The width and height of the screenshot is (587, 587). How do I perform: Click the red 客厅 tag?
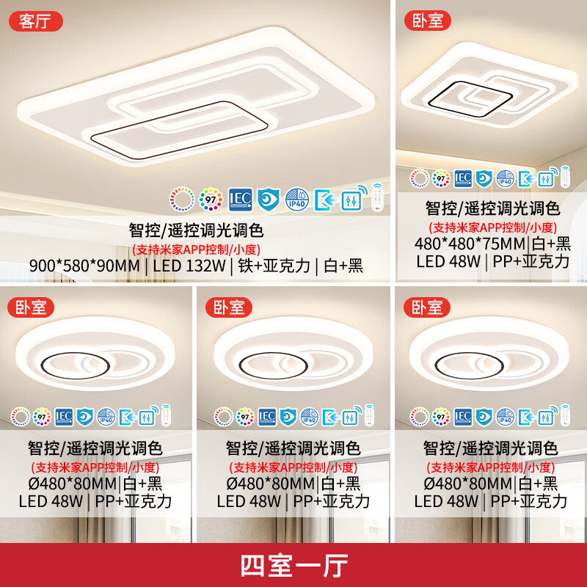coord(35,21)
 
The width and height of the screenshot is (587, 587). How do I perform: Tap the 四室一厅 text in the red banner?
coord(293,566)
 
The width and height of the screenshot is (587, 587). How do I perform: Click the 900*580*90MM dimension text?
coord(87,266)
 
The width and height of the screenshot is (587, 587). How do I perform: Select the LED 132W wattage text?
coord(189,266)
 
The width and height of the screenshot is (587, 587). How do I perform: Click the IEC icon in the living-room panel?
coord(241,198)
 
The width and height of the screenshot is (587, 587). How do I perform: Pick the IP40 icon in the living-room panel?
coord(296,198)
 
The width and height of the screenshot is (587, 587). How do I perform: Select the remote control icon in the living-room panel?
coord(378,197)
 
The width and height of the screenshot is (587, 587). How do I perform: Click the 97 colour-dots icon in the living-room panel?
coord(212,198)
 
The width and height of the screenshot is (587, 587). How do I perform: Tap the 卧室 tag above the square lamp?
coord(424,21)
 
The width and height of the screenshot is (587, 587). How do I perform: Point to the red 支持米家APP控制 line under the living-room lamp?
coord(196,248)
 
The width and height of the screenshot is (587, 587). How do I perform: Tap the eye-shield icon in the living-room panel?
coord(269,198)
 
